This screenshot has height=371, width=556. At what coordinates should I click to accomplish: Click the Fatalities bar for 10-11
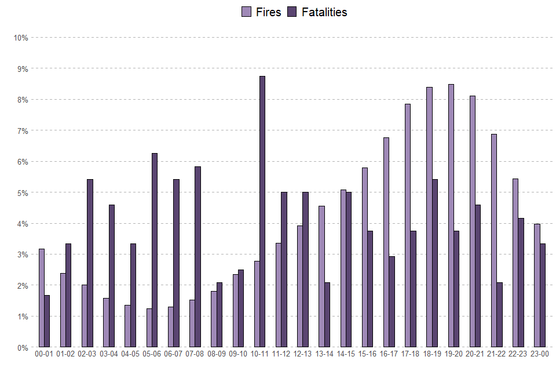[262, 212]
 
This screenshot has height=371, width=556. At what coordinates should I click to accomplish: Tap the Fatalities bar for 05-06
[155, 250]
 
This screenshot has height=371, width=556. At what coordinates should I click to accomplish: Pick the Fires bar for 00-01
[42, 298]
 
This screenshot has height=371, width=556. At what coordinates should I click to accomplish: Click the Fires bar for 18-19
[429, 217]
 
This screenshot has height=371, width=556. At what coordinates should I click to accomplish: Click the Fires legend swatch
[246, 12]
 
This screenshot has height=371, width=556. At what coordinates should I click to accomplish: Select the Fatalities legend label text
[324, 12]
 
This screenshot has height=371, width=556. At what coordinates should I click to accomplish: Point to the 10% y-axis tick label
[21, 38]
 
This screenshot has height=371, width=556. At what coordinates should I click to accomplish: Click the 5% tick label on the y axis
[22, 192]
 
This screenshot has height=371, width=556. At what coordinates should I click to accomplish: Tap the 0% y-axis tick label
[22, 348]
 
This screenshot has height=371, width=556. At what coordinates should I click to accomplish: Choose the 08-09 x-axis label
[217, 354]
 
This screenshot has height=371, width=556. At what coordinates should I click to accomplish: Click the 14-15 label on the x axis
[346, 354]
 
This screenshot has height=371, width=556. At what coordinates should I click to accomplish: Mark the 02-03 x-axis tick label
[87, 354]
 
